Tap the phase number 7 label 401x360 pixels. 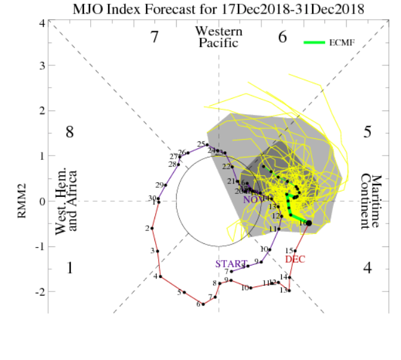click(156, 37)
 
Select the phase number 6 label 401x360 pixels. click(282, 37)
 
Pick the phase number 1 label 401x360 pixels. click(70, 268)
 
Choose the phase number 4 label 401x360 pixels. click(367, 268)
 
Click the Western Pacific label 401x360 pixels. click(219, 36)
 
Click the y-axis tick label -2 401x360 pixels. click(39, 291)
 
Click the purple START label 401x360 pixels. click(230, 264)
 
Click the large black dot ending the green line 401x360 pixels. click(308, 223)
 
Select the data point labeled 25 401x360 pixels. click(208, 144)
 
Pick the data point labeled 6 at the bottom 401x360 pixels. click(203, 304)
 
